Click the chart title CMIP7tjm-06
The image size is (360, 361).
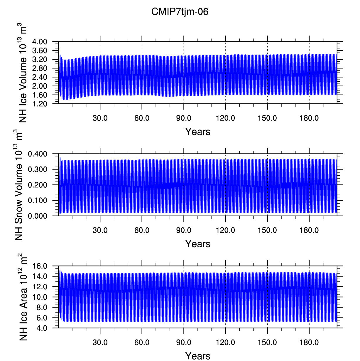point(180,12)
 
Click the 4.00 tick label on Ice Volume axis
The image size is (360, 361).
point(40,42)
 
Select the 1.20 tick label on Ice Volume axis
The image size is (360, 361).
point(40,104)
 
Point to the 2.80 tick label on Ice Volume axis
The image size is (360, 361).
point(40,68)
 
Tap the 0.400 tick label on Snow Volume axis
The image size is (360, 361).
point(38,154)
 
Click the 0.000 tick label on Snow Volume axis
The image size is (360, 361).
point(38,216)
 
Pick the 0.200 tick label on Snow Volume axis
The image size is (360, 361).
point(38,185)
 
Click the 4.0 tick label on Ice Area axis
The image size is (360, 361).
point(42,328)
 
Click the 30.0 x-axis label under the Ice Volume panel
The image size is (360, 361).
point(100,118)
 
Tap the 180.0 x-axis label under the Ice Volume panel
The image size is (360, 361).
point(309,118)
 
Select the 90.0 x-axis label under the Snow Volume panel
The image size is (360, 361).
point(184,230)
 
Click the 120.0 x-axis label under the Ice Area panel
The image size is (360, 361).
point(225,342)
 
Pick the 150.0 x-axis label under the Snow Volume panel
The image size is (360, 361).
point(267,230)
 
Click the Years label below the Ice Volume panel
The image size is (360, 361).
point(198,132)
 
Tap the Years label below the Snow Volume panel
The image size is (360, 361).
point(198,244)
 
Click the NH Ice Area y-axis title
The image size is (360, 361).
point(23,297)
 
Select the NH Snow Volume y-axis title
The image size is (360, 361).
point(18,185)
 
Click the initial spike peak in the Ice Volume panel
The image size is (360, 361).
point(59,49)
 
